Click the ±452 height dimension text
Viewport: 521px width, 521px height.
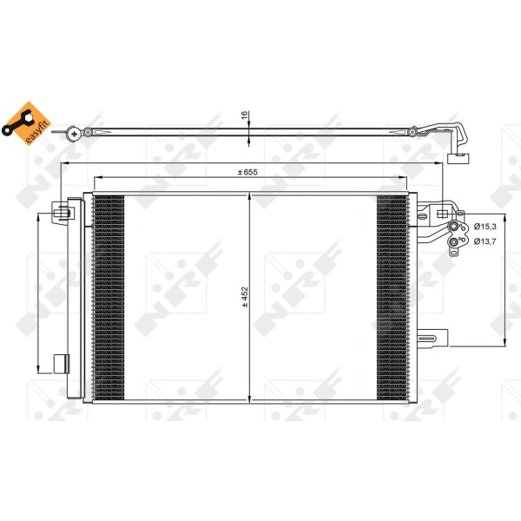[245, 298]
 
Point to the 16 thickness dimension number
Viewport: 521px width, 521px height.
[245, 115]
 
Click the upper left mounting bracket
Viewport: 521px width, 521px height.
[61, 211]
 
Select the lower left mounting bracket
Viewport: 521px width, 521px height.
[61, 362]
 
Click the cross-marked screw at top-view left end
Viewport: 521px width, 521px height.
[76, 132]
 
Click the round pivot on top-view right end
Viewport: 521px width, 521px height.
[414, 132]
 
